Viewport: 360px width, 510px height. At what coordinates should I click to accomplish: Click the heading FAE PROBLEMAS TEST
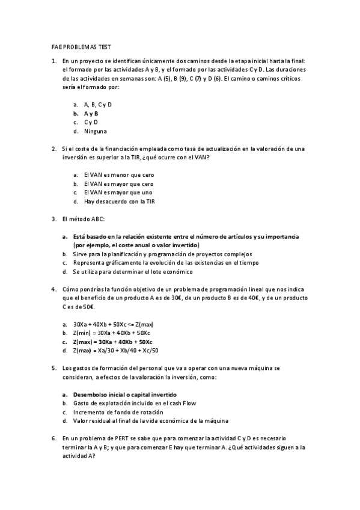click(80, 46)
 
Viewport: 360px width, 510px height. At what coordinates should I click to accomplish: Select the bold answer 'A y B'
click(91, 113)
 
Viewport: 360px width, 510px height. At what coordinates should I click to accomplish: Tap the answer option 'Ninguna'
click(96, 131)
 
